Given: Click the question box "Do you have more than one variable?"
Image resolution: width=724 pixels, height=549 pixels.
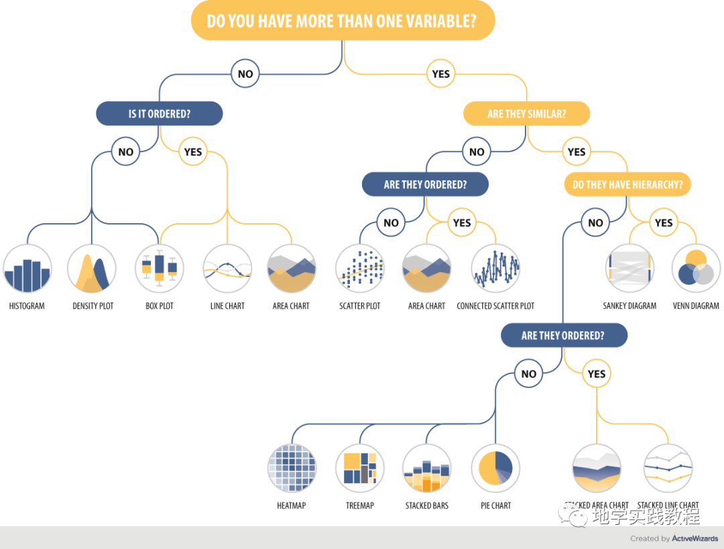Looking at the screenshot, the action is (x=343, y=21).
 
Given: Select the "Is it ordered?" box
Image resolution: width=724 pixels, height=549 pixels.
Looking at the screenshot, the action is (x=160, y=114).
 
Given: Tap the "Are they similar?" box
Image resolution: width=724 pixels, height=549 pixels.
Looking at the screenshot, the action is (x=526, y=114).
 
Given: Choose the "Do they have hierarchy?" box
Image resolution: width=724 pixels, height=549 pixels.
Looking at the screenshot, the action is (x=627, y=185).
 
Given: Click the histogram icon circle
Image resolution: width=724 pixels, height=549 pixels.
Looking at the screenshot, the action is (x=27, y=269).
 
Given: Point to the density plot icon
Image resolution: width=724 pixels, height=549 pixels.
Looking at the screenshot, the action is (x=92, y=269).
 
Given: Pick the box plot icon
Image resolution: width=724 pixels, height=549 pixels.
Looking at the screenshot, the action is (x=160, y=269).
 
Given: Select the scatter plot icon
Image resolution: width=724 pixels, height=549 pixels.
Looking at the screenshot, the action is (x=360, y=269).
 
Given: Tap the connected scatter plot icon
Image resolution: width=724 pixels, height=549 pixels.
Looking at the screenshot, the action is (x=495, y=269).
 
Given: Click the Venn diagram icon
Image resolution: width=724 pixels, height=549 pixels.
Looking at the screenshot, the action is (x=696, y=269).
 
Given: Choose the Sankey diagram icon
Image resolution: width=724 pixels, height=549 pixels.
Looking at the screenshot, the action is (x=629, y=269).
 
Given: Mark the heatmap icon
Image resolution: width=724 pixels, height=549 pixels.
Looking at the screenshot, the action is (x=292, y=469).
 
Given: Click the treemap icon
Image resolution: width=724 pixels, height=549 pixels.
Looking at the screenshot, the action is (x=360, y=469).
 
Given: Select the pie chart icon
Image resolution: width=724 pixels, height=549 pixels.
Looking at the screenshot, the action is (x=495, y=469).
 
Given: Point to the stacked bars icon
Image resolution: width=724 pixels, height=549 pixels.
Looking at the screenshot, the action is (x=427, y=469).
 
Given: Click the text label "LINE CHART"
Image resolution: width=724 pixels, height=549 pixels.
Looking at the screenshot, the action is (x=227, y=306).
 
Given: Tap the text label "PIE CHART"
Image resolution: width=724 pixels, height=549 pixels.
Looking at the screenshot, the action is (x=496, y=505).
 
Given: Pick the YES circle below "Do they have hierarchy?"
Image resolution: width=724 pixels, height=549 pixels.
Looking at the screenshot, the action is (x=663, y=223).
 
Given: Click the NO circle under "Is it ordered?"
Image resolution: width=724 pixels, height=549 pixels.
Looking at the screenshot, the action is (x=126, y=152).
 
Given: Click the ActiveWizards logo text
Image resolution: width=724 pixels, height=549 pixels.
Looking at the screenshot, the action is (x=695, y=538).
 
